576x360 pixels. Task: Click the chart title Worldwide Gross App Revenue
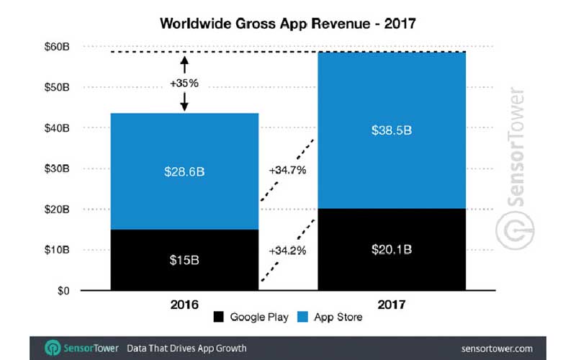[288, 24]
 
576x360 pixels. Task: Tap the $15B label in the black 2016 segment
[184, 259]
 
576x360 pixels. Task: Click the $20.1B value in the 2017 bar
[394, 251]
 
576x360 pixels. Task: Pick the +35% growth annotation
[184, 83]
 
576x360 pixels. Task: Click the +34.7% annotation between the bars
[288, 171]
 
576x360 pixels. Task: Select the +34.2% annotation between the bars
[288, 251]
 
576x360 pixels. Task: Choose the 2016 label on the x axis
[184, 305]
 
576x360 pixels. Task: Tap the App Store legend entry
[331, 318]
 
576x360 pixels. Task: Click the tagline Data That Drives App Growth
[186, 348]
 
